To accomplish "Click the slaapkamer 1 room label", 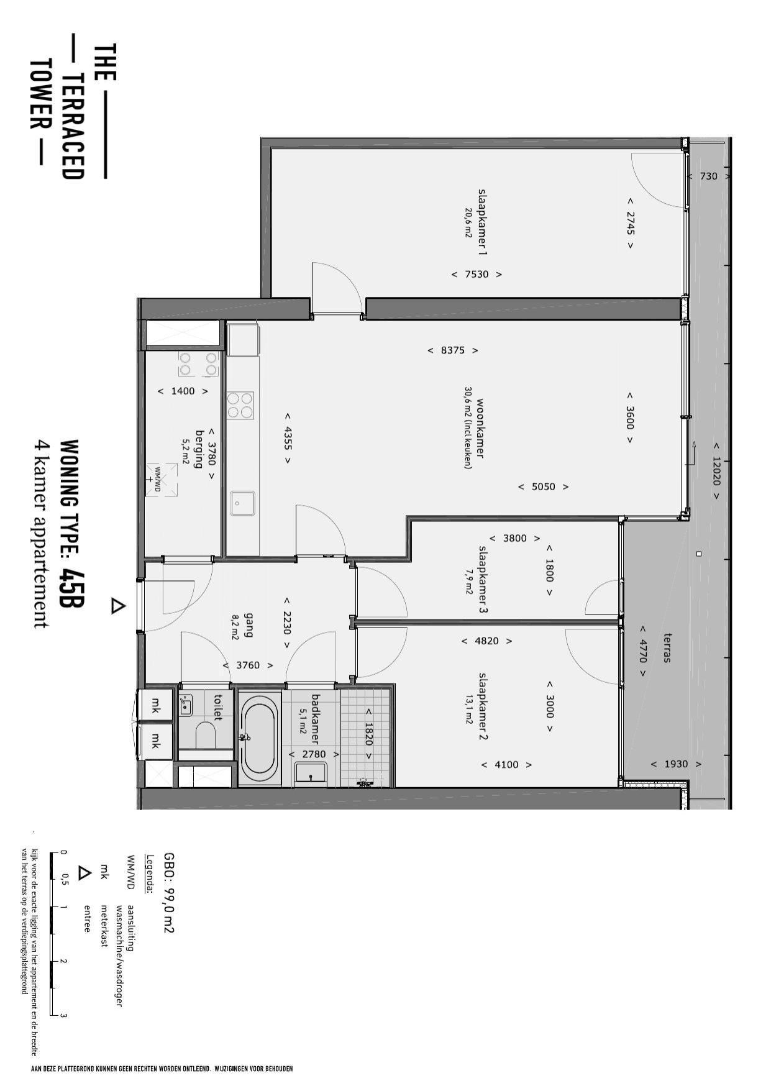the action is click(x=482, y=222).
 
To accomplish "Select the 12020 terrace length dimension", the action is click(x=716, y=471).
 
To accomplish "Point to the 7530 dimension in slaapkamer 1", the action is click(x=477, y=274).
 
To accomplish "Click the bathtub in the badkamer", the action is click(x=259, y=739).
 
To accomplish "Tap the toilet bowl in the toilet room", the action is click(x=206, y=736).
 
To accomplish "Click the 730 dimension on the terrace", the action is click(x=708, y=176).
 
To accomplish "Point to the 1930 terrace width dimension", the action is click(x=676, y=764).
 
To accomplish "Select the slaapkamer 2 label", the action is click(x=483, y=706).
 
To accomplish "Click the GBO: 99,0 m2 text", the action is click(x=168, y=893).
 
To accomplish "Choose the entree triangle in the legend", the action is click(x=84, y=873).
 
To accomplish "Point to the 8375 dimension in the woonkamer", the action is click(x=453, y=350).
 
